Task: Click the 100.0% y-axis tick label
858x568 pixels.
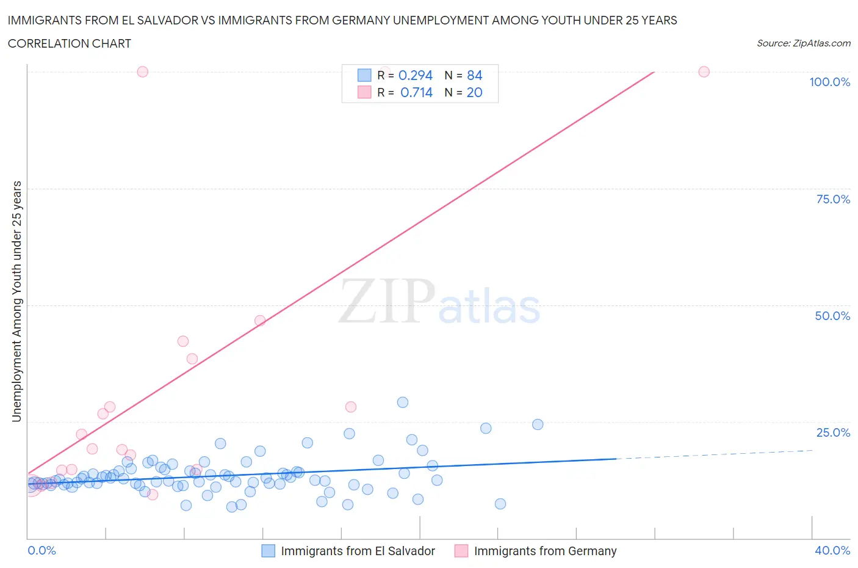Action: pos(829,82)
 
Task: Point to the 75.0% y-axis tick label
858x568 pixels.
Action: pos(833,199)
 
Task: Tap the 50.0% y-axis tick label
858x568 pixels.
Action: pos(832,316)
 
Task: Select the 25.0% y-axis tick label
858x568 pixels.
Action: pos(833,432)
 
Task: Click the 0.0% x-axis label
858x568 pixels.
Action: pos(41,550)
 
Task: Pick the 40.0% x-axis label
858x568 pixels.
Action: pos(832,550)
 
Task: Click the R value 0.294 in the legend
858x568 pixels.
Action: pos(415,75)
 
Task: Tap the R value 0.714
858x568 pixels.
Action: pos(416,92)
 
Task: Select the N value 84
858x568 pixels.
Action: pos(474,75)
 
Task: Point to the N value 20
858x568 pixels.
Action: pos(474,92)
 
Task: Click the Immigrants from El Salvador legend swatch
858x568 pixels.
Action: pos(269,551)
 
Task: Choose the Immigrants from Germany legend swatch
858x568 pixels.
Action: pos(461,551)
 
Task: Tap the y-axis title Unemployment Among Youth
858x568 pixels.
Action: pos(16,301)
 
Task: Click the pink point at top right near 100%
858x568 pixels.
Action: pos(704,71)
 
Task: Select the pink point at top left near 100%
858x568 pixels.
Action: pos(142,71)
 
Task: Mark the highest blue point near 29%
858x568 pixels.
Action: pos(403,402)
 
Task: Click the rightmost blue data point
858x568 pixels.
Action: pos(538,424)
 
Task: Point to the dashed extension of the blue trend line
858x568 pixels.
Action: pos(714,454)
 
